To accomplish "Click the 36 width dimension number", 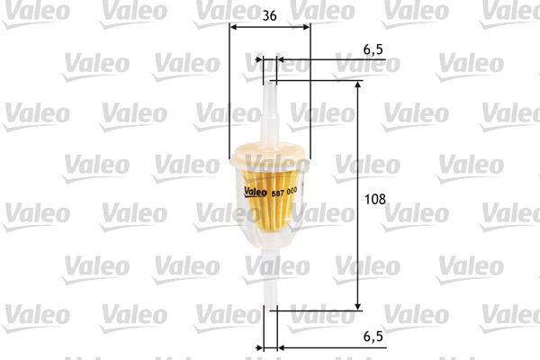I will [270, 14].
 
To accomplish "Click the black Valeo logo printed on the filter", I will [255, 189].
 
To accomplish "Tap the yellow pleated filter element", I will [270, 220].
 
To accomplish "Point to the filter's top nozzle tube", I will [268, 103].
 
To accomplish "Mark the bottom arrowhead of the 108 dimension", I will [359, 306].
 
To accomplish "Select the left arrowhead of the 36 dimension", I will [234, 27].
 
